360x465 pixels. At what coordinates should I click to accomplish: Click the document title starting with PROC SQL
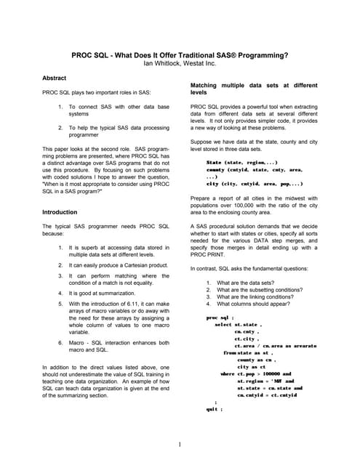pyautogui.click(x=180, y=54)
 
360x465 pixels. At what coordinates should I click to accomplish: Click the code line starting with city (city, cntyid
pyautogui.click(x=254, y=184)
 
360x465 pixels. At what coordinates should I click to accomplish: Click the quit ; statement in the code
pyautogui.click(x=214, y=409)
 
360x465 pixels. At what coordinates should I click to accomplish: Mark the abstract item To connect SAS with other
pyautogui.click(x=118, y=110)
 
